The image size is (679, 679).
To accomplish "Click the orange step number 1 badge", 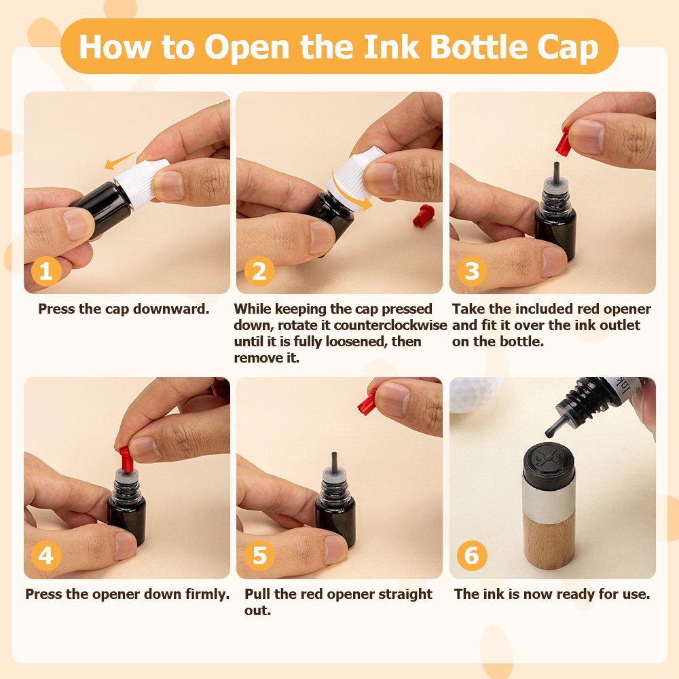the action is coord(46,272).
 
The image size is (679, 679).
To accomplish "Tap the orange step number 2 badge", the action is coord(259,272).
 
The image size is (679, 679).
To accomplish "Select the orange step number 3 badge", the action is coord(472,272).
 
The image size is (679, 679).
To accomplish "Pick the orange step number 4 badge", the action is coord(46,555).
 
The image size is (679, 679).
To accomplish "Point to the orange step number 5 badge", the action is coord(259,555).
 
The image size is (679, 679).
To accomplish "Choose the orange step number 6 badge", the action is coord(472,555).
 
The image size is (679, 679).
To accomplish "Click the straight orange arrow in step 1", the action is coord(120,161).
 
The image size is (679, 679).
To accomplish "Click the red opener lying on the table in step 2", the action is coord(423,216).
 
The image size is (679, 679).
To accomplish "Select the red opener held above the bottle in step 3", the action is coord(563,142).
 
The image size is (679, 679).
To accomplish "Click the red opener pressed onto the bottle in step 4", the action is coord(126,460).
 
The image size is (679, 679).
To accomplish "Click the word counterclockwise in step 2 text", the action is coord(390,325).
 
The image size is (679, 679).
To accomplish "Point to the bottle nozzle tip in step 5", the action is coord(333,454).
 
